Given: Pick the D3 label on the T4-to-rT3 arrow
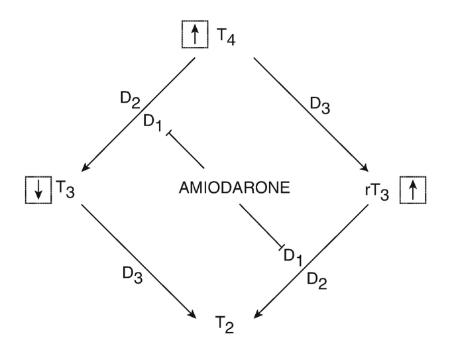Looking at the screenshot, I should pos(319,104).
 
